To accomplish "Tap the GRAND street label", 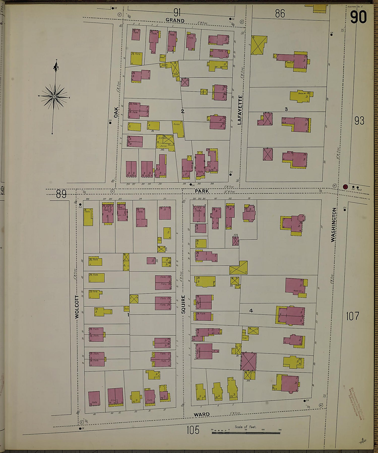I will (x=175, y=20).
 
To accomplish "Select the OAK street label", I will (x=116, y=112).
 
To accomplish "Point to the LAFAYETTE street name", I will (x=240, y=110).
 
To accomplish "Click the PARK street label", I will (x=202, y=191).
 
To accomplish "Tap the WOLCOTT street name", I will (x=77, y=307).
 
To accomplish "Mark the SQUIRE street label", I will (x=183, y=304).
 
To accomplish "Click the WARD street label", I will (x=202, y=414).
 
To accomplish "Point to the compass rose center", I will (x=54, y=97).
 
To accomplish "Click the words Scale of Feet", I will (x=245, y=427).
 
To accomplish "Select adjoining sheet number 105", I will (x=193, y=430).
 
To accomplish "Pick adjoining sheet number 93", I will (x=359, y=121).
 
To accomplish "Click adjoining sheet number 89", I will (x=61, y=194).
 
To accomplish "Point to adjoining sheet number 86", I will (x=280, y=14).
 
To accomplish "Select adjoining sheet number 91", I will (x=177, y=12).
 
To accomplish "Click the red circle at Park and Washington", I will (x=345, y=187).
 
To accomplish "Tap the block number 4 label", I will (x=251, y=311).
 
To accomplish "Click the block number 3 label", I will (x=286, y=109).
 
